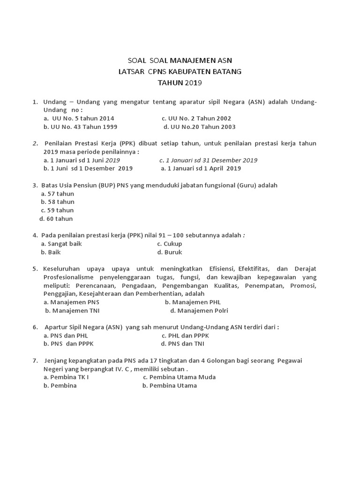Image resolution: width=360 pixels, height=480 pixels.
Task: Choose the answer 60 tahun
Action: [x=60, y=219]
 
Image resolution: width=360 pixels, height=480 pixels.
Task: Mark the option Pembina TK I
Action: [x=69, y=377]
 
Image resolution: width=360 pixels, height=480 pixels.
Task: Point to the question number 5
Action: [x=35, y=269]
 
